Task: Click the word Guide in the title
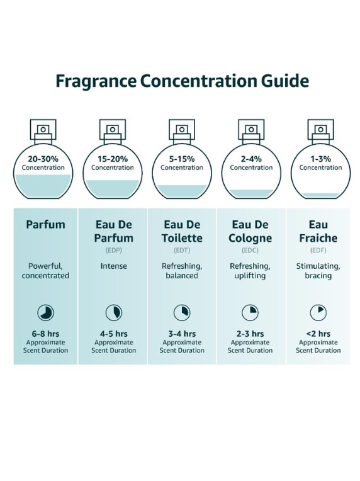click(285, 81)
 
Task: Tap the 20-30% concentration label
click(43, 159)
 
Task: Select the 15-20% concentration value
click(113, 159)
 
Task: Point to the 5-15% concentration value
click(182, 159)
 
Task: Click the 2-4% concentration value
click(251, 159)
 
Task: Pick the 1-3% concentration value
click(320, 159)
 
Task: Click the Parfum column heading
click(46, 225)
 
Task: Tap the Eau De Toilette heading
click(182, 231)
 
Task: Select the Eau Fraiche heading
click(318, 231)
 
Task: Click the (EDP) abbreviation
click(114, 251)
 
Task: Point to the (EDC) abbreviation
click(250, 251)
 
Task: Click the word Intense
click(114, 266)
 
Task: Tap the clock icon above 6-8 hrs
click(46, 313)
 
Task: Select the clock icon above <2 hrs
click(318, 313)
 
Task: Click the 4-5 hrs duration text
click(114, 334)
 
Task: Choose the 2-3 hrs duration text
click(250, 334)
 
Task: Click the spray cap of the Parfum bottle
click(43, 130)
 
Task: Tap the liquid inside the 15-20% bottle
click(113, 189)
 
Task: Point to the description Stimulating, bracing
click(318, 271)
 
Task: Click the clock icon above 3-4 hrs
click(182, 313)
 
